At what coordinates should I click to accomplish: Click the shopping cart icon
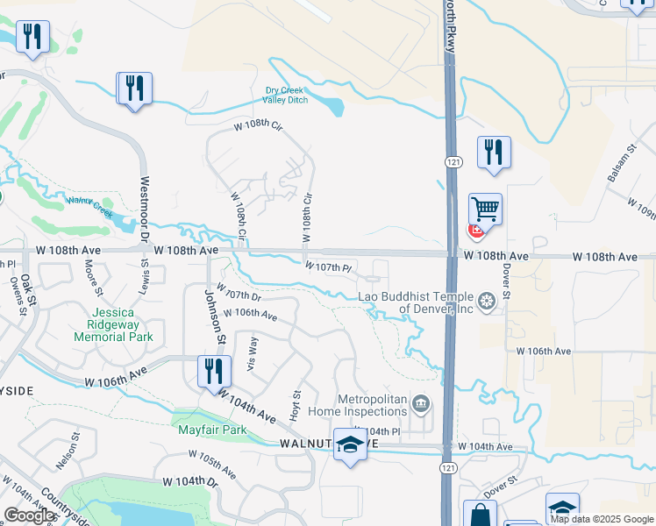click(485, 209)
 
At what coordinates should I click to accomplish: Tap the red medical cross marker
click(475, 231)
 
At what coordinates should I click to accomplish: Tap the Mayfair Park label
click(210, 430)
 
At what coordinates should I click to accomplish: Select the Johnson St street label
click(215, 316)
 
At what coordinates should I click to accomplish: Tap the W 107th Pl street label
click(328, 267)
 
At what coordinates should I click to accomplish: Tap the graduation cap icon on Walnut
click(350, 445)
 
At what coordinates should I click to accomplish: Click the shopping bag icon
click(480, 515)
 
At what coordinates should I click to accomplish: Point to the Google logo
click(30, 515)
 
